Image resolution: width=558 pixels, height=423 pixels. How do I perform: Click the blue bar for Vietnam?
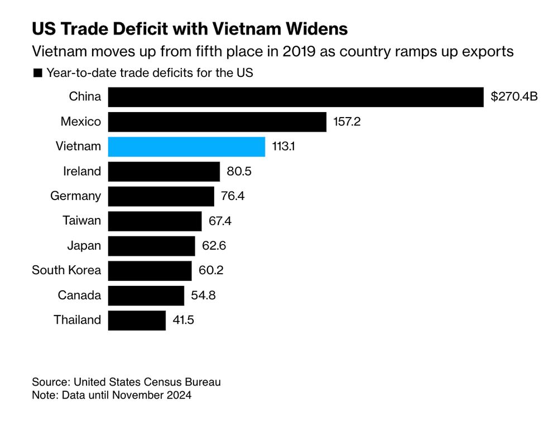tap(186, 147)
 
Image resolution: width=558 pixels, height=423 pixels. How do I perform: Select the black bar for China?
tap(295, 97)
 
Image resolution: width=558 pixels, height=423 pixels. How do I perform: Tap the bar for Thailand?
tap(137, 320)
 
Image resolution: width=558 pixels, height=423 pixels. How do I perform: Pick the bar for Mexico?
tap(217, 121)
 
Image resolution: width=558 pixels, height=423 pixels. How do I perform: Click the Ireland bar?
tap(163, 171)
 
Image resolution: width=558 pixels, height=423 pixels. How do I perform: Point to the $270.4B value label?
tap(514, 97)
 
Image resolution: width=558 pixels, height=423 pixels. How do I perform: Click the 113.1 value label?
tap(285, 147)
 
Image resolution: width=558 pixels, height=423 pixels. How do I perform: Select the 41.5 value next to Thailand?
tap(183, 320)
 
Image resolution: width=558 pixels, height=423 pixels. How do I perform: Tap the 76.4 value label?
tap(233, 196)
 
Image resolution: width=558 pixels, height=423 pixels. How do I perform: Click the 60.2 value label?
tap(211, 270)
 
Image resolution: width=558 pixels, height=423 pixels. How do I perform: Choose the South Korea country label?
tap(66, 270)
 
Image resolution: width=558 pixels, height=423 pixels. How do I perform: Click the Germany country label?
tap(76, 196)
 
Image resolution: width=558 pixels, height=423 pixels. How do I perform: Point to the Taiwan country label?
tap(82, 221)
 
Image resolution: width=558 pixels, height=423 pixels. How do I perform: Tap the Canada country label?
tap(80, 295)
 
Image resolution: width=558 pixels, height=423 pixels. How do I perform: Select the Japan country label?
tap(84, 246)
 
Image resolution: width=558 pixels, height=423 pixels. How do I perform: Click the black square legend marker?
tap(38, 72)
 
